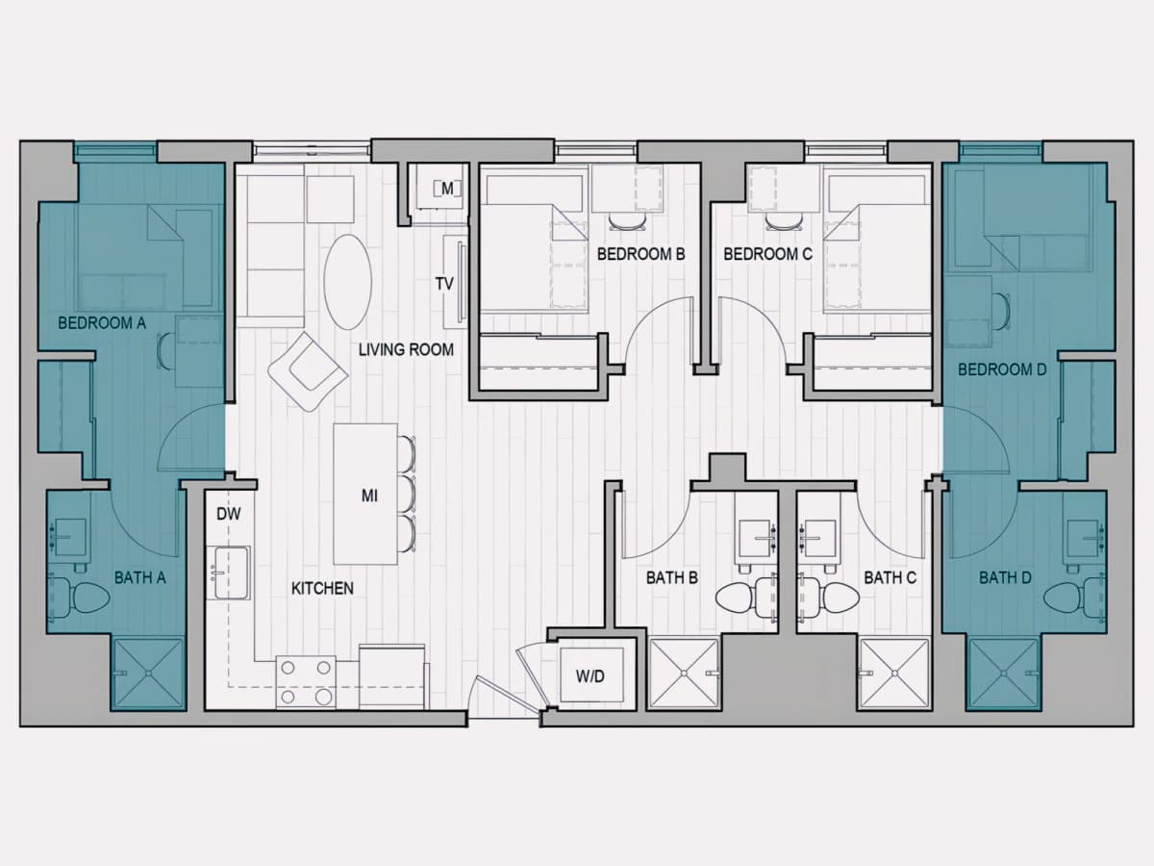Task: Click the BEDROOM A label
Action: [102, 322]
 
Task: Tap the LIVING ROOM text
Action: [406, 349]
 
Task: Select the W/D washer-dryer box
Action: [591, 675]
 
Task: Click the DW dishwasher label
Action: [229, 514]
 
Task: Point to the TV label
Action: [444, 284]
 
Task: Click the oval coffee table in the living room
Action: [347, 282]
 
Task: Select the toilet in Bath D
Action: [1075, 598]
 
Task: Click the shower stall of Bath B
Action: [684, 673]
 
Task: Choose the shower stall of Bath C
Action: [893, 673]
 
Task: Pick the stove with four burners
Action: [306, 682]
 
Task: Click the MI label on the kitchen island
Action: [369, 496]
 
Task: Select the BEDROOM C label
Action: [767, 254]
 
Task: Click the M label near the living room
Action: [447, 189]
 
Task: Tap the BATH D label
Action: [1005, 578]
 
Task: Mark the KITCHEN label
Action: [322, 588]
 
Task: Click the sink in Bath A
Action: [71, 538]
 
